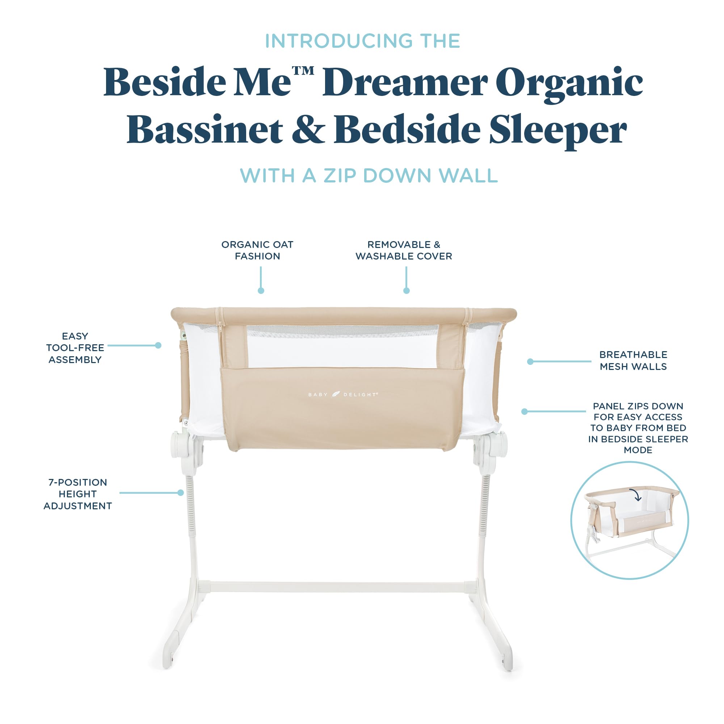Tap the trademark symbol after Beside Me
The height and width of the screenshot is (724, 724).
(303, 71)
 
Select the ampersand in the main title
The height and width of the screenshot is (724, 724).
(308, 129)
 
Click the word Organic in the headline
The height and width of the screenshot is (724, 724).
(569, 83)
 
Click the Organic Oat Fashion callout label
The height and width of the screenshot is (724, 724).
(257, 251)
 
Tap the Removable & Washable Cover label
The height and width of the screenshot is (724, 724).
(404, 251)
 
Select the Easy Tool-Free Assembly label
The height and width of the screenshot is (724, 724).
(75, 348)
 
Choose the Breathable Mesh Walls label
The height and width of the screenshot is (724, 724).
(633, 361)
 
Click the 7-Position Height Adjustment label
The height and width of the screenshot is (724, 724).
(77, 494)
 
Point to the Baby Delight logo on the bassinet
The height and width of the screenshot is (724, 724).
(343, 394)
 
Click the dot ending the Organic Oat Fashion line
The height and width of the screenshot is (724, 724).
(261, 291)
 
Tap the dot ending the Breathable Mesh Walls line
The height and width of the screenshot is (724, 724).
(530, 362)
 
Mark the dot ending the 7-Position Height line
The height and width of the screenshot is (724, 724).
(181, 493)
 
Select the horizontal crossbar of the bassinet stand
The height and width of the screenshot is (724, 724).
(337, 587)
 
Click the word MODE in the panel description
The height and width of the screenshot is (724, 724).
(638, 450)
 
